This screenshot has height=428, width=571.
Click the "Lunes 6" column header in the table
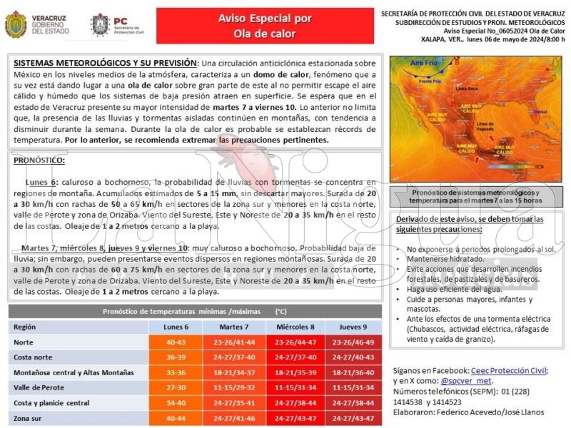click(176, 327)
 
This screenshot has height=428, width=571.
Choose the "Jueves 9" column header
click(353, 327)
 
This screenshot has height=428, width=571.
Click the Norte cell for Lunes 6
click(176, 342)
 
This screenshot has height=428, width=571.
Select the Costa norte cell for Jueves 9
click(353, 357)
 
